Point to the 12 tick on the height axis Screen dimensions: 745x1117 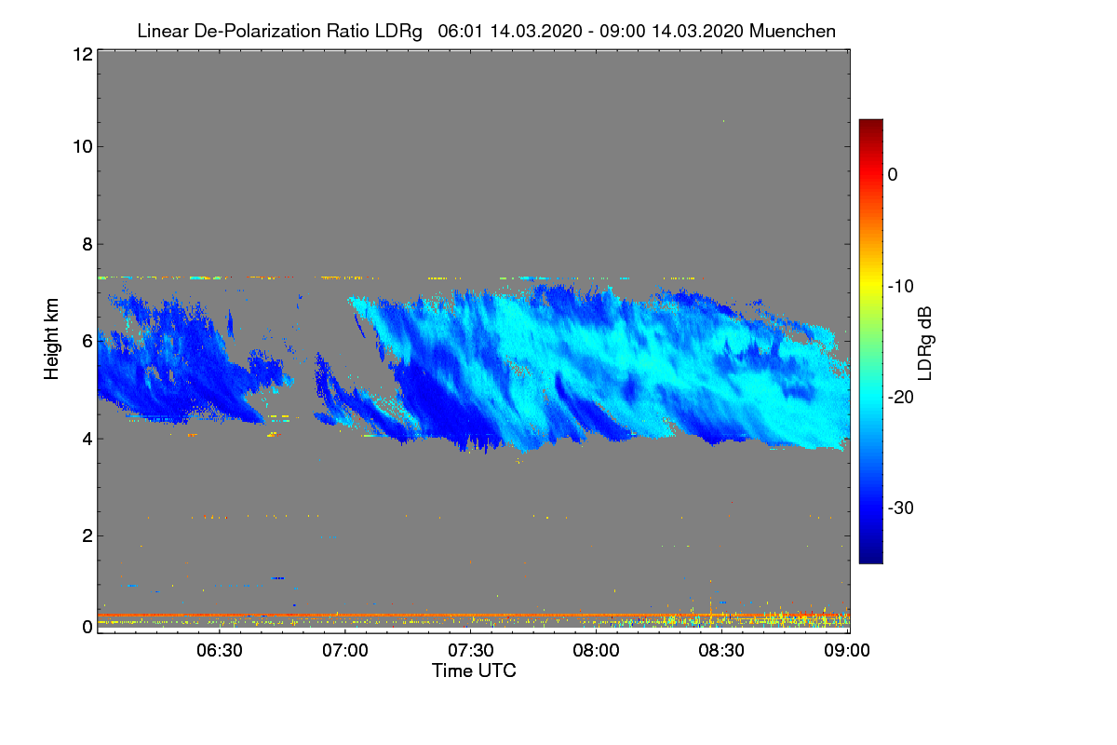click(x=81, y=54)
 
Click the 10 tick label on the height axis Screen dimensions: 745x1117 click(x=81, y=146)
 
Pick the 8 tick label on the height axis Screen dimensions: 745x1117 click(x=86, y=244)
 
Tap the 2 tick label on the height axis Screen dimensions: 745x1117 click(x=86, y=535)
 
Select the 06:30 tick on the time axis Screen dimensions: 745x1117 click(x=220, y=650)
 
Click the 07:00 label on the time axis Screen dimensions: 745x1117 click(x=345, y=650)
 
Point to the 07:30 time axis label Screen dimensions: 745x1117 click(x=471, y=650)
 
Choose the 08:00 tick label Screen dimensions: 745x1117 click(x=597, y=650)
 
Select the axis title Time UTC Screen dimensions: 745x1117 click(x=474, y=670)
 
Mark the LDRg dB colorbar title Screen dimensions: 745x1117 click(x=924, y=341)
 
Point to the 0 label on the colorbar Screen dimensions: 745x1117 click(x=893, y=174)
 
